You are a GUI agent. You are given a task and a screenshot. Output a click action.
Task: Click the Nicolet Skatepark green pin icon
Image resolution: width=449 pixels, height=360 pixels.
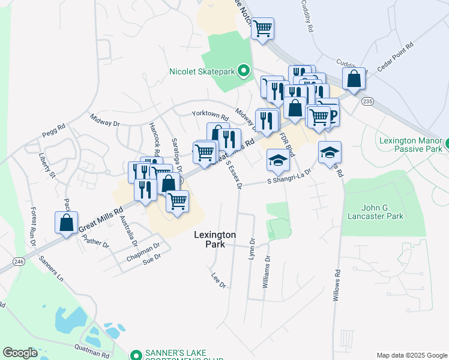243,71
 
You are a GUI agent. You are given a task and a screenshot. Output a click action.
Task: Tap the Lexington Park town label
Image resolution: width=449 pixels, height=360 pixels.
215,240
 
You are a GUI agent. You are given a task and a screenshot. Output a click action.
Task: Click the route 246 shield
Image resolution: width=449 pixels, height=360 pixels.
19,262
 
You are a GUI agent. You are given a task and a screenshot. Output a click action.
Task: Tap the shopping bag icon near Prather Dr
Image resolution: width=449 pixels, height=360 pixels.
66,223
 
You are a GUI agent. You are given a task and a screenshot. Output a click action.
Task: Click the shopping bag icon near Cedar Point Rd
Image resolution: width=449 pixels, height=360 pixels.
354,79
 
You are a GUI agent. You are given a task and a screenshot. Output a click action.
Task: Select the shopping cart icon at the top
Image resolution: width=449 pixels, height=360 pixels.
262,28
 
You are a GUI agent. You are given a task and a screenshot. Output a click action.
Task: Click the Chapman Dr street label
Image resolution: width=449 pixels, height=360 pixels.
143,250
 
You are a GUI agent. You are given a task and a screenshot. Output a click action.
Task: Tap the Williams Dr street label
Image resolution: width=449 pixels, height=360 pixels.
265,272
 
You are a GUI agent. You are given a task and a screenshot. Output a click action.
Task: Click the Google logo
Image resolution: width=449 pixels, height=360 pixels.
20,353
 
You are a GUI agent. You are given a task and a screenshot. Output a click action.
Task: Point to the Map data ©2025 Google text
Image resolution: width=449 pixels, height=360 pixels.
411,355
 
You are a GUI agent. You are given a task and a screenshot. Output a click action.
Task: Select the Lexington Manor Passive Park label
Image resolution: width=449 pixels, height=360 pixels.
411,145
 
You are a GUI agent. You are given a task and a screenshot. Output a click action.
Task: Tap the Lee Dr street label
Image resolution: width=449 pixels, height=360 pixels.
218,281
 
